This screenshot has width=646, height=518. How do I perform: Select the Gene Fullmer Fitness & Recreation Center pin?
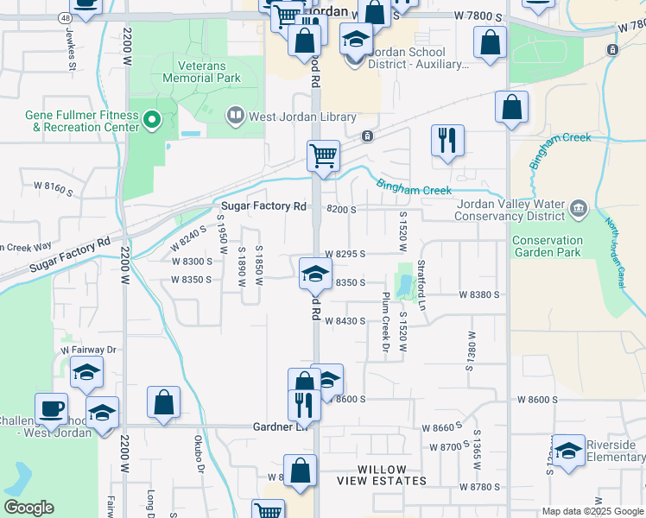coord(152,120)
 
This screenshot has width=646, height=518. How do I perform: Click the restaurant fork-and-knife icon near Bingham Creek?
coord(447,140)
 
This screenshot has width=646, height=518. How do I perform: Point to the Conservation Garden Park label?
coord(559,246)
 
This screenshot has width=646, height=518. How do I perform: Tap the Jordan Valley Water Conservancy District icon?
coord(578,206)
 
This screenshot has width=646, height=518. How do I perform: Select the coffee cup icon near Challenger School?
coord(51,408)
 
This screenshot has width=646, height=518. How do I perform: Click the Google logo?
coord(29,508)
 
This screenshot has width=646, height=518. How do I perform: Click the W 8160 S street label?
coord(54,186)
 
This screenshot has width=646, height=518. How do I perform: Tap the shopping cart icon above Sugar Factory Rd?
coord(323,156)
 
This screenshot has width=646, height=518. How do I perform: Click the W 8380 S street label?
coord(481,294)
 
